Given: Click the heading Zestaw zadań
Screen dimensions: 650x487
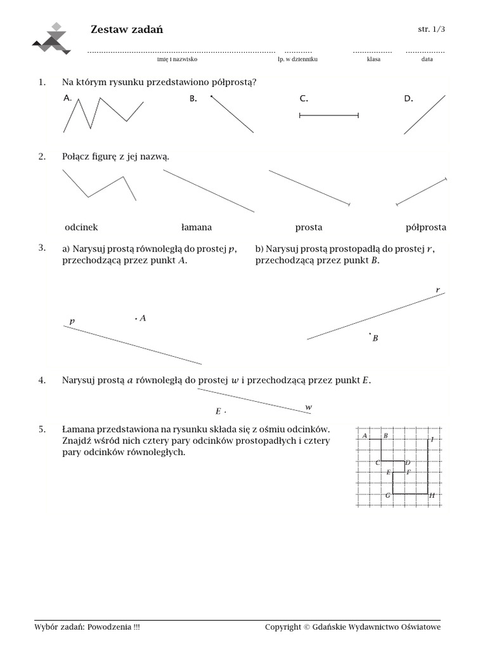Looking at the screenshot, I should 127,30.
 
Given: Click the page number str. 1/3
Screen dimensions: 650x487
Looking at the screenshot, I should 431,29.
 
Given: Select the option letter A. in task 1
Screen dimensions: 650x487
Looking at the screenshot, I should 68,98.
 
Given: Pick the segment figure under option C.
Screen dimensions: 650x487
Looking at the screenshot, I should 328,116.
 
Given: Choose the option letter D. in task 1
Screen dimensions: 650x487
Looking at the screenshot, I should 408,98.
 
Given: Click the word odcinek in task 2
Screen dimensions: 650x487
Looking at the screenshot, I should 81,227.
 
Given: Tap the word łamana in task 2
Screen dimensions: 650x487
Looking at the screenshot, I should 197,227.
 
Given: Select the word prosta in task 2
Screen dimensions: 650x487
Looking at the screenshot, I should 309,227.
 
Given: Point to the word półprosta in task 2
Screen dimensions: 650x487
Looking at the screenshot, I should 425,227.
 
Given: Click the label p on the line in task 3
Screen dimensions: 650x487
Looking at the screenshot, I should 72,322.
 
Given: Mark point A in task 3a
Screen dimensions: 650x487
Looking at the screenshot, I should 136,319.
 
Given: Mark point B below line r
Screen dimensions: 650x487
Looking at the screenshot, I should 370,333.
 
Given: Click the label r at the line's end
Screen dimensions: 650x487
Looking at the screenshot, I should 438,290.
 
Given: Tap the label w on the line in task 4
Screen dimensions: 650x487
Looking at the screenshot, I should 309,407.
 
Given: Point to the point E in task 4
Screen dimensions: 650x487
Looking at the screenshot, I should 224,411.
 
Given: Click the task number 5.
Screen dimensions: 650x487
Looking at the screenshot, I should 42,430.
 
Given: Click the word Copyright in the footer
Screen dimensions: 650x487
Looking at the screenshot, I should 283,627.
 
